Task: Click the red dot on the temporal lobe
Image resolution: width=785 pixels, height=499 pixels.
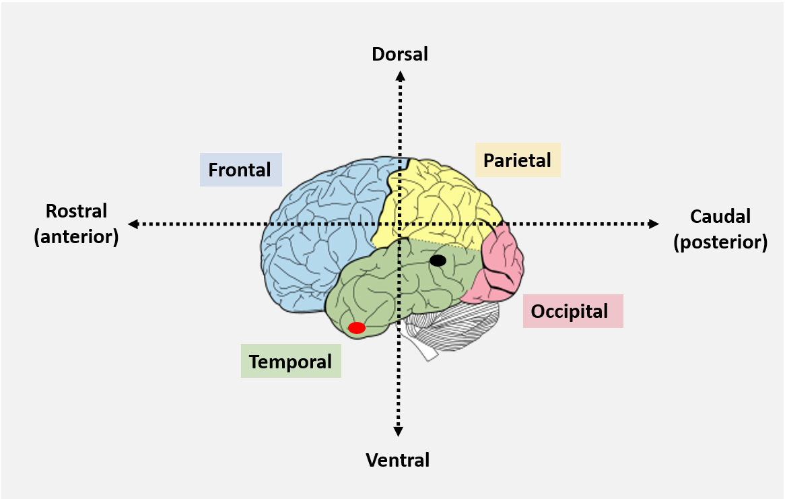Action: tap(357, 328)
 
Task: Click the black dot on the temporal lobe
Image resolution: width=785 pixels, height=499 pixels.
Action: tap(438, 260)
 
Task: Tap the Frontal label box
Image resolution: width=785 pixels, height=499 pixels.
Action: tap(240, 170)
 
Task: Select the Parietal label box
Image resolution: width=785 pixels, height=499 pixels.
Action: tap(517, 160)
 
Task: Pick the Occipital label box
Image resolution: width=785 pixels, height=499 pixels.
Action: tap(572, 311)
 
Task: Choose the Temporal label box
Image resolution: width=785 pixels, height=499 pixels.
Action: tap(291, 362)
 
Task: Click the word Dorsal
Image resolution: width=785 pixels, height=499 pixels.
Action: tap(400, 54)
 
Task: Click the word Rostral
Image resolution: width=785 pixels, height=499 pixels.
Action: tap(76, 211)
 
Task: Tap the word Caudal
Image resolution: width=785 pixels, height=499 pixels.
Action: tap(720, 216)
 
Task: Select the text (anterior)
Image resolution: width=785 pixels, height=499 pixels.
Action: tap(76, 237)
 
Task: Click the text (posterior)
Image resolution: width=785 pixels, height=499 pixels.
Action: tap(720, 242)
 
